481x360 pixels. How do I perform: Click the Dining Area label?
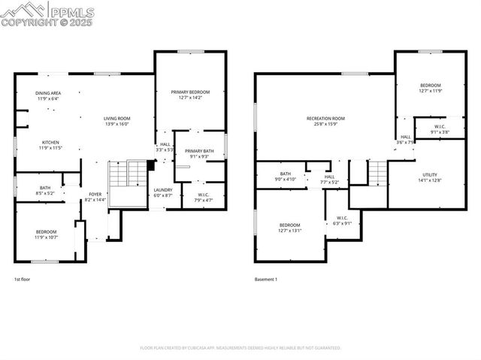(x=48, y=92)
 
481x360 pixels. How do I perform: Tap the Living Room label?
(x=117, y=119)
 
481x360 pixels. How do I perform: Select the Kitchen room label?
(x=50, y=142)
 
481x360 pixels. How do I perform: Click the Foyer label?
(x=95, y=194)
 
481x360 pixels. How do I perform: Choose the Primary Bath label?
(x=199, y=151)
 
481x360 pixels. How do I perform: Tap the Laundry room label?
(x=163, y=190)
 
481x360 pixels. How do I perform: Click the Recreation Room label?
(x=325, y=119)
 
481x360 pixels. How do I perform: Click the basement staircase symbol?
(x=377, y=175)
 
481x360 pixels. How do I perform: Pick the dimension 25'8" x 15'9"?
(x=325, y=124)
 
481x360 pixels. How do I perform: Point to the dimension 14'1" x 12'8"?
(x=430, y=180)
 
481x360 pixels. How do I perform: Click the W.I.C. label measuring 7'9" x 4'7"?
(x=203, y=195)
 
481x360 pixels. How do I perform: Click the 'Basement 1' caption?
(x=266, y=279)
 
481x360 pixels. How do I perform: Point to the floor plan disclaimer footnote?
(x=240, y=348)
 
